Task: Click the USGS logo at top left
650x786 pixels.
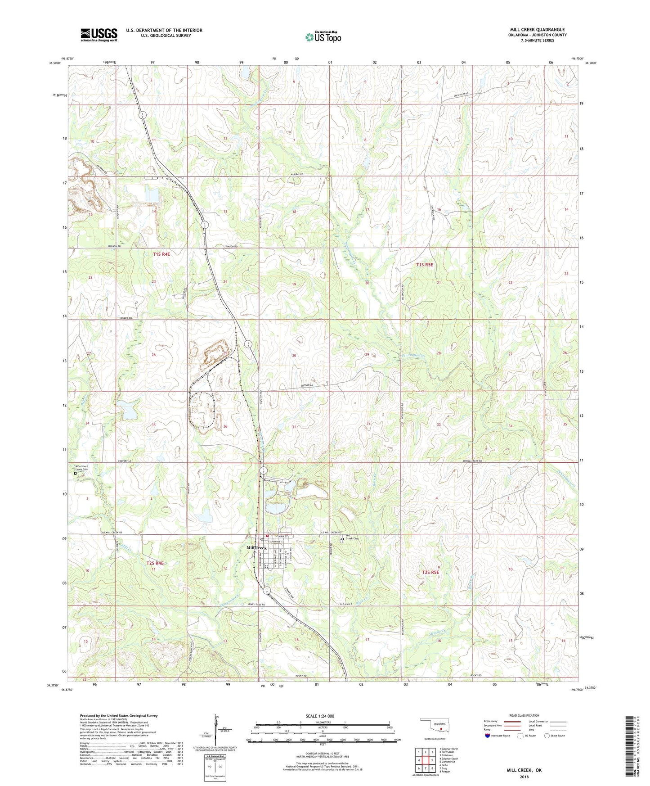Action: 99,35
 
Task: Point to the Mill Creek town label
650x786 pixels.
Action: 257,548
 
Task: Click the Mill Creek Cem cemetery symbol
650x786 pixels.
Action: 342,538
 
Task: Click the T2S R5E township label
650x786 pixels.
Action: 430,572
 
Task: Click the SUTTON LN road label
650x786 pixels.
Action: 309,386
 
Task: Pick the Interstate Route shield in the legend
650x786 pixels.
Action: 488,736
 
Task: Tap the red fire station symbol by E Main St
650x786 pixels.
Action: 267,536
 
